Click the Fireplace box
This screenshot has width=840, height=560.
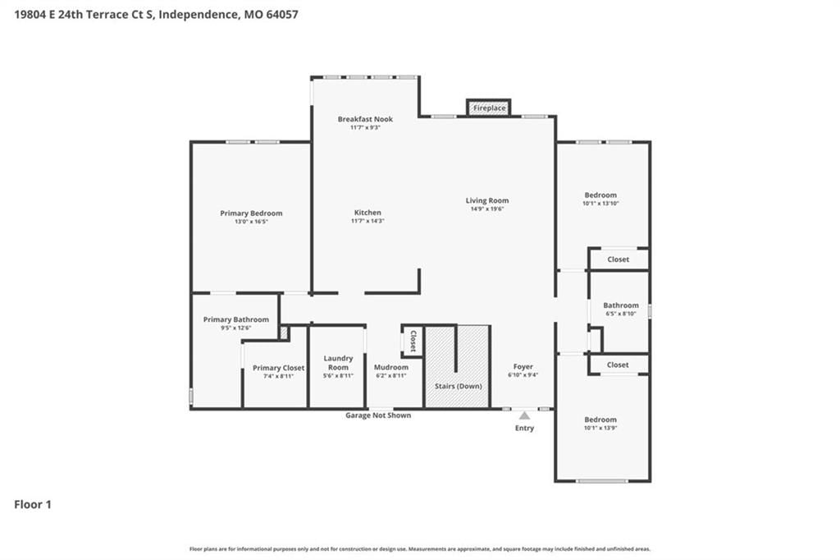click(489, 108)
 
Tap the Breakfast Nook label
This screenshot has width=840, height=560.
click(365, 119)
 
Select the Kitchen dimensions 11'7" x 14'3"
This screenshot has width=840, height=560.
click(367, 221)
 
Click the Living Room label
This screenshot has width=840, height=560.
click(487, 200)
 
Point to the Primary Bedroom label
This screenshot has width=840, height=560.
click(251, 213)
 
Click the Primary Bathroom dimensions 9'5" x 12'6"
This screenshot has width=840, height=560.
click(235, 328)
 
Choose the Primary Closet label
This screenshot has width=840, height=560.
click(279, 368)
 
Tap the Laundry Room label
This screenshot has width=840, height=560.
click(338, 363)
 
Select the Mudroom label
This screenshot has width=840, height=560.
click(391, 367)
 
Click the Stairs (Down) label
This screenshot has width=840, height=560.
click(458, 386)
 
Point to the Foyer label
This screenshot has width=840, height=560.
click(523, 367)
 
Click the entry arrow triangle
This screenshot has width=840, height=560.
click(524, 415)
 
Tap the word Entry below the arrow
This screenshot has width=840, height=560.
click(524, 428)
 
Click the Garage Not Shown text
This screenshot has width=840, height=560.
click(378, 415)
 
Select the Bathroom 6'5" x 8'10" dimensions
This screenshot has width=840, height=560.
click(621, 314)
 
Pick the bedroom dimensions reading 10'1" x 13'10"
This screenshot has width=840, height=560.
click(600, 204)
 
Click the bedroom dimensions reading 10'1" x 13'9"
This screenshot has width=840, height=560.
click(600, 428)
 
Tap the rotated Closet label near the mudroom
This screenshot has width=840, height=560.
click(413, 341)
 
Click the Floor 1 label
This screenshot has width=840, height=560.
click(33, 504)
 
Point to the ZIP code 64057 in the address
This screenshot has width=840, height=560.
click(282, 15)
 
